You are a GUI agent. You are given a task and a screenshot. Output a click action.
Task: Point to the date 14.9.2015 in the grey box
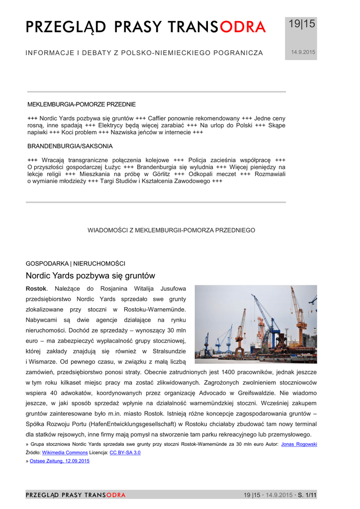point(303,52)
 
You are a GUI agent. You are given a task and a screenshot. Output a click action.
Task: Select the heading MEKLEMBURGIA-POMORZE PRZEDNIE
point(82,104)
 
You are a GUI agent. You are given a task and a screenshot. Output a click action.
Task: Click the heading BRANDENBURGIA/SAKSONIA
point(70,146)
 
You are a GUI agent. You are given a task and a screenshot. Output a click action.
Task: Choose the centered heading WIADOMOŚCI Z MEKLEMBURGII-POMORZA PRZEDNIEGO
point(172,230)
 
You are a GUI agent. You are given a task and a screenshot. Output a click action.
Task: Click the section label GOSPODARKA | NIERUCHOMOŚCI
point(75,263)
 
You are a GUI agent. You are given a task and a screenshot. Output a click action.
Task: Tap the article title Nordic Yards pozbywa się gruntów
point(90,275)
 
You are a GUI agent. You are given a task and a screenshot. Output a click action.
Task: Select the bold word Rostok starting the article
point(36,288)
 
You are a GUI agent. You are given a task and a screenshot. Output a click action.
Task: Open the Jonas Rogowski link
point(299,444)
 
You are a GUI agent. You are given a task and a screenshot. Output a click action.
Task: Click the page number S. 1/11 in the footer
point(307,495)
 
